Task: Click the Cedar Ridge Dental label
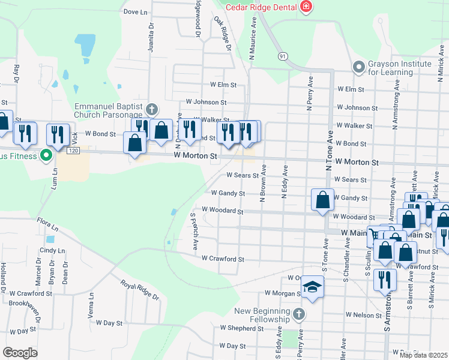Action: click(x=262, y=7)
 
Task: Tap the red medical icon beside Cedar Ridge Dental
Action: click(x=306, y=7)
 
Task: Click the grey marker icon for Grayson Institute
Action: click(x=359, y=66)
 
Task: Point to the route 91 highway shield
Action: click(x=282, y=56)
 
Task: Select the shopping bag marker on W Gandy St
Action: click(x=322, y=200)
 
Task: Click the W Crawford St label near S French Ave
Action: click(x=223, y=259)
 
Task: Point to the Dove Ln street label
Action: click(x=135, y=11)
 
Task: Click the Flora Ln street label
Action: click(x=47, y=227)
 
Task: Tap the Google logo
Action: click(x=20, y=353)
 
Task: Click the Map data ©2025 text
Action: click(x=423, y=355)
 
